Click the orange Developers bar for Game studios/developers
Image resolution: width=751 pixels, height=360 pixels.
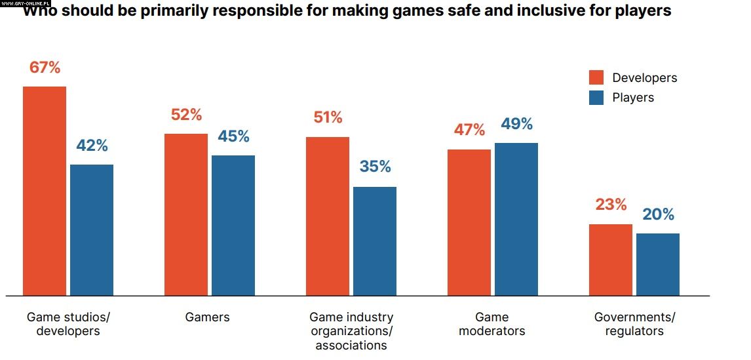(45, 191)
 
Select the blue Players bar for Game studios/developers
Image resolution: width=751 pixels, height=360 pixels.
(92, 230)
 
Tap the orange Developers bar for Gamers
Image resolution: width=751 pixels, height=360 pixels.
(186, 214)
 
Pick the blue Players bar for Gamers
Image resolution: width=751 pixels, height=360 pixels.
(233, 226)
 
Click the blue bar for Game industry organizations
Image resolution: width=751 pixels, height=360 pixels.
(375, 241)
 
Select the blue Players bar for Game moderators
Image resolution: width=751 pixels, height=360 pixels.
(516, 219)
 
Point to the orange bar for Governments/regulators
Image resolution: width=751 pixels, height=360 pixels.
(611, 260)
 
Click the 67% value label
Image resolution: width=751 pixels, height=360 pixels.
(45, 68)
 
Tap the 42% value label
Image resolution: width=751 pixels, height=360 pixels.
(92, 146)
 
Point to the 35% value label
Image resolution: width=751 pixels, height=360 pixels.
(375, 167)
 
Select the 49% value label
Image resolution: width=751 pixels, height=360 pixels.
(516, 124)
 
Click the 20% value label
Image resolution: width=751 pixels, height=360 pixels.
(658, 214)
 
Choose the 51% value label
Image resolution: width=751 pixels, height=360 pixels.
(328, 118)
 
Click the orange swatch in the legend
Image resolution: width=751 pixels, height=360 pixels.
(596, 77)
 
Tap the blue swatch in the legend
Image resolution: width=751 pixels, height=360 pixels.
(596, 98)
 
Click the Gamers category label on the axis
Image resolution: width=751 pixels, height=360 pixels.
(208, 317)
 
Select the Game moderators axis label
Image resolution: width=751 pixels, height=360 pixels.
(492, 324)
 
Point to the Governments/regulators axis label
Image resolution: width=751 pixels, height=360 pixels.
(634, 324)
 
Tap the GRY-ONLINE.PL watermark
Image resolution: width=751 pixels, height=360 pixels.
(26, 3)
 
